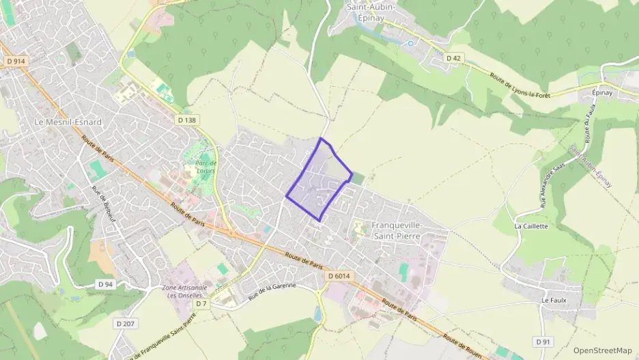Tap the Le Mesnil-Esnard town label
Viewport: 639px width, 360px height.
pyautogui.click(x=67, y=122)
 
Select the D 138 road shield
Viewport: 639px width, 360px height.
pyautogui.click(x=186, y=120)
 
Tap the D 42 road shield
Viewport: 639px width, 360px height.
pyautogui.click(x=453, y=59)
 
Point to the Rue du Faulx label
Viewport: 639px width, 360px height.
pyautogui.click(x=589, y=133)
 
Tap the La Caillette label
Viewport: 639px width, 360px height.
pyautogui.click(x=531, y=226)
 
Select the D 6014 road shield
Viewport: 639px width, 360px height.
pyautogui.click(x=339, y=276)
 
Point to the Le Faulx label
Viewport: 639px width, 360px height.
pyautogui.click(x=554, y=300)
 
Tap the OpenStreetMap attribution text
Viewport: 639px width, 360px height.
pyautogui.click(x=602, y=350)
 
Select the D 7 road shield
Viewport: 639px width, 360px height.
pyautogui.click(x=201, y=303)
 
